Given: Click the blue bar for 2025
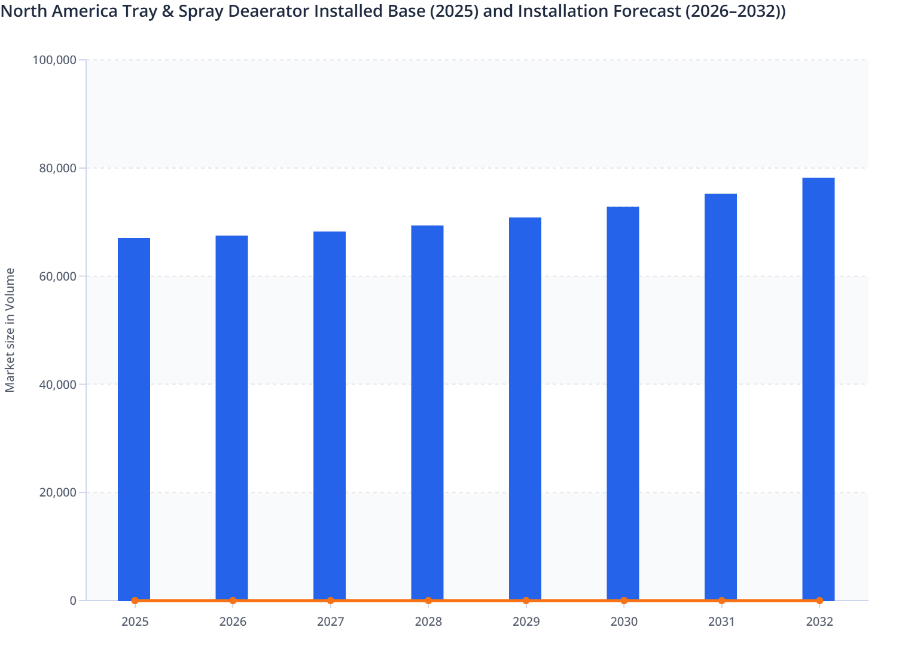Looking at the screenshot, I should click(134, 419).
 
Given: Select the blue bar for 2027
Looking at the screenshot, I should click(330, 416).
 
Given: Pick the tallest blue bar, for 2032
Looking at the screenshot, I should click(818, 389).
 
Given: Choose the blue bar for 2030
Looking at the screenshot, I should click(623, 403).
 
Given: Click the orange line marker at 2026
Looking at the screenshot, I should click(233, 601).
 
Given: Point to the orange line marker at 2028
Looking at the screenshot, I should click(428, 601).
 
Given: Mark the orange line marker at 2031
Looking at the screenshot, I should click(721, 601).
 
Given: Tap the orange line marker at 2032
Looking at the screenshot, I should click(819, 601).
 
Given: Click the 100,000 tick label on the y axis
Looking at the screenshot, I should click(54, 60).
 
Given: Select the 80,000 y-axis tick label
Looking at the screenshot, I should click(57, 168).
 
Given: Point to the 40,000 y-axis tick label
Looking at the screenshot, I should click(57, 385).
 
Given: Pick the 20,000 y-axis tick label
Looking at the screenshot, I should click(57, 493).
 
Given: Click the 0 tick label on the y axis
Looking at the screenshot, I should click(73, 601).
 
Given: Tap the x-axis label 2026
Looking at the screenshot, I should click(233, 622).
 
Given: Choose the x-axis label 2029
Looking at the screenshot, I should click(526, 622).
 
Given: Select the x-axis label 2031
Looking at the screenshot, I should click(721, 622).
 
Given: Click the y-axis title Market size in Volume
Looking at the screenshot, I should click(10, 330).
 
